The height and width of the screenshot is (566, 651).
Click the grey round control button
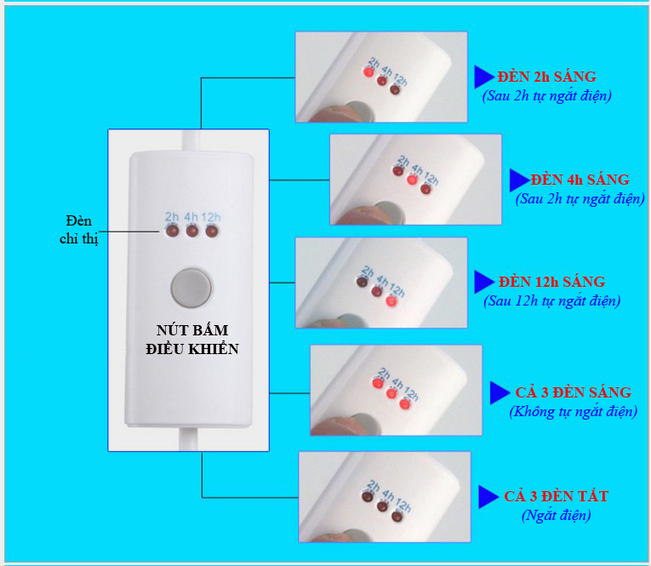click(191, 289)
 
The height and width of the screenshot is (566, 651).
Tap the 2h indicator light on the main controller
click(172, 231)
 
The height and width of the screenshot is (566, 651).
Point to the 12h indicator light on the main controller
click(212, 231)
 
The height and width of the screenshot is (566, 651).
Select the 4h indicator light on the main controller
click(191, 231)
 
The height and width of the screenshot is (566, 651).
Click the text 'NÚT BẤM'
click(192, 330)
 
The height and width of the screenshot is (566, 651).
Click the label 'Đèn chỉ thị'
click(78, 230)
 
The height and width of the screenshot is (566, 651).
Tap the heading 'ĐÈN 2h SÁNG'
click(547, 77)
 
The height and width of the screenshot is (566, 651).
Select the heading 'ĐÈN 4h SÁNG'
click(580, 180)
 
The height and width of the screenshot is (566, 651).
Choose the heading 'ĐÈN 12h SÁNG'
click(551, 282)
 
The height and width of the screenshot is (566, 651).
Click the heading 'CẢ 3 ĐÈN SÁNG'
click(573, 392)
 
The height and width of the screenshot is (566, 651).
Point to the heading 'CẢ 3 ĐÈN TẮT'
click(557, 496)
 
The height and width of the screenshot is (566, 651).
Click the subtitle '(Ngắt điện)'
click(557, 515)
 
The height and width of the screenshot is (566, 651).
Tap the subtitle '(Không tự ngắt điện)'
click(573, 412)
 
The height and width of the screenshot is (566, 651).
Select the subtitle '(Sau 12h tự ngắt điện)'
click(551, 300)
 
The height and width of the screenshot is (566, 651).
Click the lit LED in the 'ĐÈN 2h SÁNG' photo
click(368, 72)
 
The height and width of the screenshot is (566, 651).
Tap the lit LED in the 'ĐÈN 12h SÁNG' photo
click(391, 300)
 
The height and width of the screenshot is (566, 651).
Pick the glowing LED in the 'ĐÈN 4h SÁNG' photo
click(411, 180)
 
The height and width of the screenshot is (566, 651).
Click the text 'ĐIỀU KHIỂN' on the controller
click(192, 349)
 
